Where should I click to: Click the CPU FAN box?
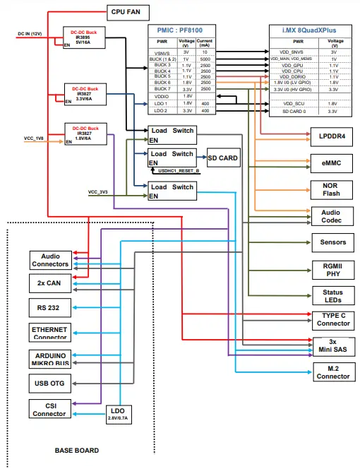pos(127,12)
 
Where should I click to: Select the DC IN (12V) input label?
pos(30,33)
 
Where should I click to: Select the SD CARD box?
pos(222,158)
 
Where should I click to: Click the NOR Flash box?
pos(331,189)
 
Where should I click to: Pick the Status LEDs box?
pos(331,296)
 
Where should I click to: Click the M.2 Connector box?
pos(331,372)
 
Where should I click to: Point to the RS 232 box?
pos(49,308)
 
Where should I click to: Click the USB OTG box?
pos(49,384)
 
